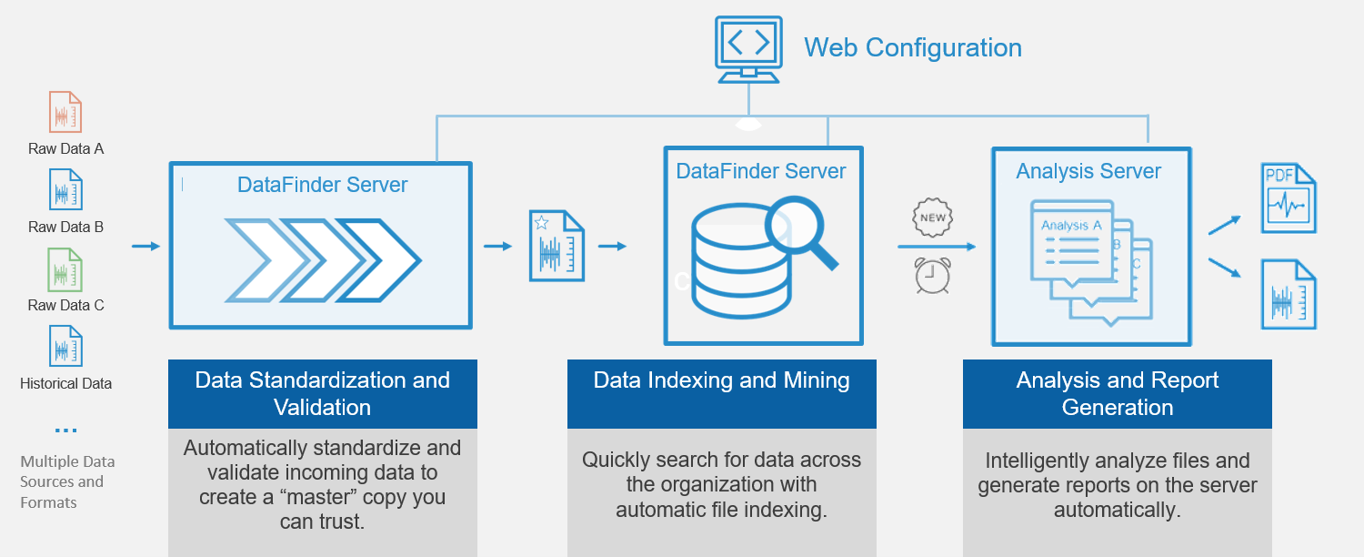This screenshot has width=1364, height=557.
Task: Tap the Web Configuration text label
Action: point(912,47)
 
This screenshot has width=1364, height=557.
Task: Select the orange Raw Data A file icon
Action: point(65,113)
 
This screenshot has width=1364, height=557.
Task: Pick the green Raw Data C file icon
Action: point(65,269)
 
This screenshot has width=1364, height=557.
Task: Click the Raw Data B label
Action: point(65,227)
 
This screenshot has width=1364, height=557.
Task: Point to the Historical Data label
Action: point(65,383)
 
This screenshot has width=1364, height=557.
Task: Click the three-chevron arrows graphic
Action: point(323,259)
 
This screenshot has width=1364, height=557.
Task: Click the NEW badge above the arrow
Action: point(932,218)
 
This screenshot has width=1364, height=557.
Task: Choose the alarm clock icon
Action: point(932,275)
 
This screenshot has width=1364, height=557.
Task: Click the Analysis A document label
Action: point(1071,225)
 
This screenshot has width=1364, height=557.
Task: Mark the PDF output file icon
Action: point(1288,198)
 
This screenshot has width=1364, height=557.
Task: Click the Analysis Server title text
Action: point(1088,171)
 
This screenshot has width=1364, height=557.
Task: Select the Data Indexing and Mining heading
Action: point(721,380)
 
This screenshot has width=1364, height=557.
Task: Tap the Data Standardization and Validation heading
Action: point(322,393)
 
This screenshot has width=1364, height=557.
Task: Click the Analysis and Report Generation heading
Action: point(1117,393)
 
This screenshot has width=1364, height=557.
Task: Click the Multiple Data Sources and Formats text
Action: point(62,481)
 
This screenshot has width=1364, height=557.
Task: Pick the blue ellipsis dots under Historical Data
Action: point(65,430)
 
